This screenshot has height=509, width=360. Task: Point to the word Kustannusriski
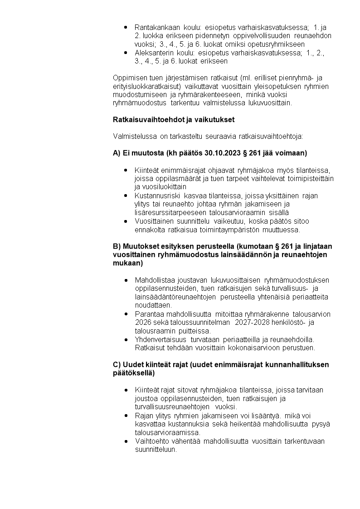(156, 196)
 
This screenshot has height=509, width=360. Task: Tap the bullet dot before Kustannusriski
(125, 196)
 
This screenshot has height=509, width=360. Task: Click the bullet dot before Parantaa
(125, 314)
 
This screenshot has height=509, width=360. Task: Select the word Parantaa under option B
(150, 314)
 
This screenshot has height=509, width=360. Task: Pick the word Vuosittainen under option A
(157, 221)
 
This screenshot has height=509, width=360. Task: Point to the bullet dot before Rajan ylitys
(125, 416)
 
